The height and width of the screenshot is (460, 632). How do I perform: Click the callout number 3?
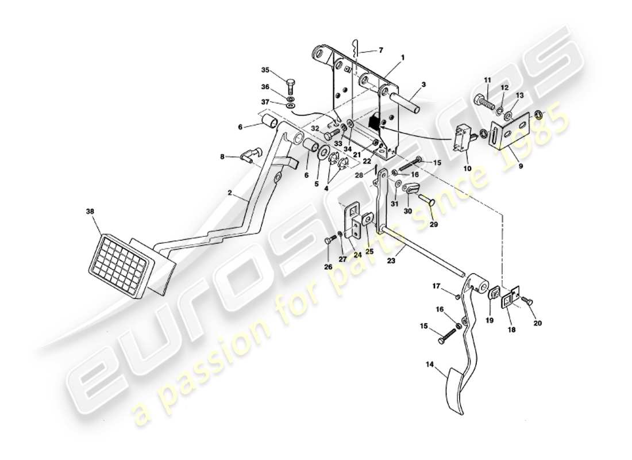click(423, 85)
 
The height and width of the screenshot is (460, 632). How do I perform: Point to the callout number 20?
click(538, 323)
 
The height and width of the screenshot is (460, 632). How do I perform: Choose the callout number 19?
click(490, 320)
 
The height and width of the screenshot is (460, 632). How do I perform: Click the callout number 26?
click(328, 266)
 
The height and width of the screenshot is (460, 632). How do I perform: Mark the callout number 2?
click(230, 194)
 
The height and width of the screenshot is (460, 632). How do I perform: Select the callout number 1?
click(403, 58)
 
